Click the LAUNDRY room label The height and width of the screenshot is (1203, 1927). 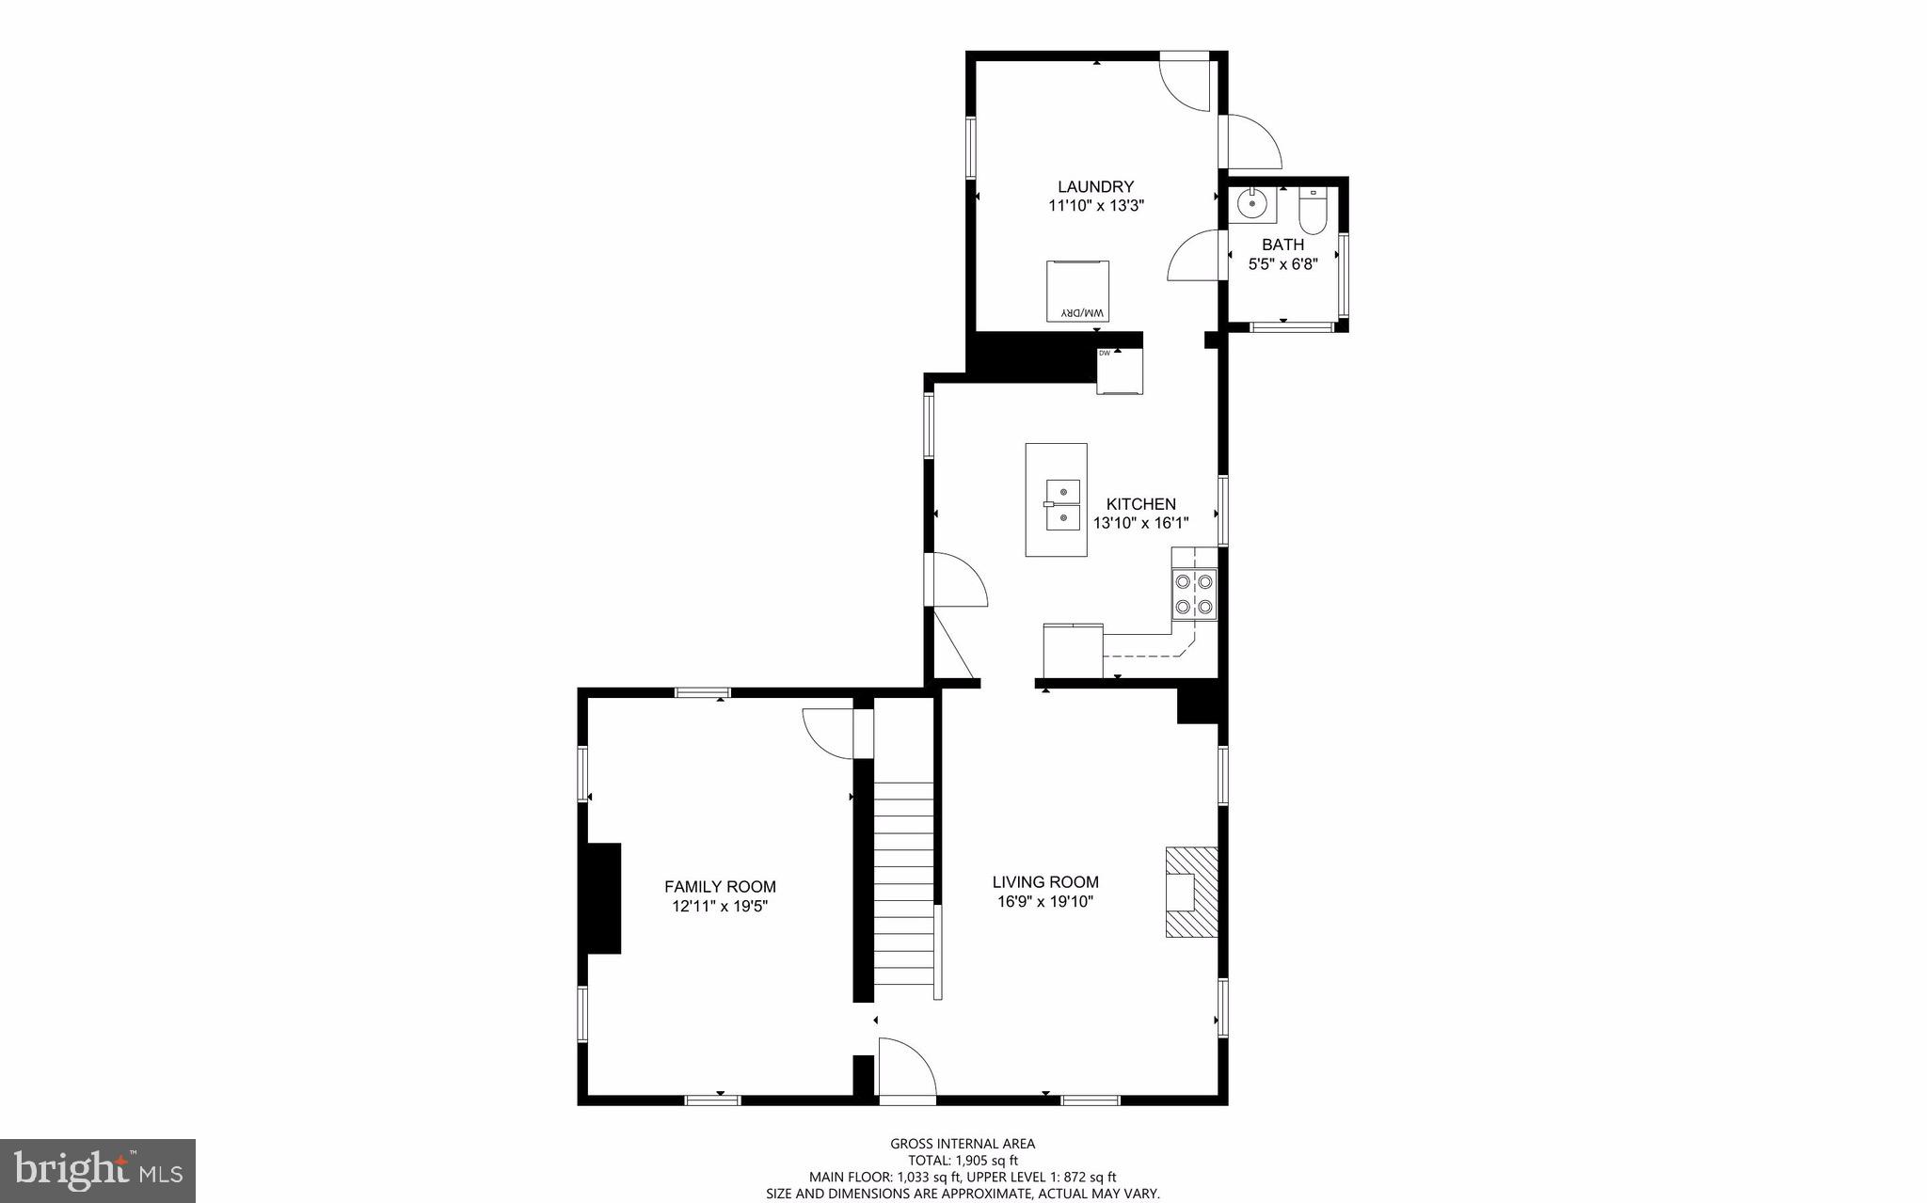[x=1095, y=186]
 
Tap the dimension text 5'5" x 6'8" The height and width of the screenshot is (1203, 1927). [x=1282, y=264]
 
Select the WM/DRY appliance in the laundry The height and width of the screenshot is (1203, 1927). [x=1077, y=291]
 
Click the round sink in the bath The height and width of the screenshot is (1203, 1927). [x=1251, y=203]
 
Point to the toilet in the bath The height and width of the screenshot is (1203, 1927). [x=1312, y=212]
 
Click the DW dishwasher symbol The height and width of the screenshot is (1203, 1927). [x=1120, y=370]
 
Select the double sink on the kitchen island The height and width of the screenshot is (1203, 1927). [x=1062, y=504]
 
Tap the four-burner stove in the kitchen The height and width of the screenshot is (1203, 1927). [x=1193, y=594]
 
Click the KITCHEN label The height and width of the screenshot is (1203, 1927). [x=1140, y=504]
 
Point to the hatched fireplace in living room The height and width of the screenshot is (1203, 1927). [x=1191, y=891]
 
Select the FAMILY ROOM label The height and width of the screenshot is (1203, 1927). [x=720, y=886]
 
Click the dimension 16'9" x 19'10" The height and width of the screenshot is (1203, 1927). [x=1045, y=902]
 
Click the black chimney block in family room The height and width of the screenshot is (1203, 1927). [x=603, y=898]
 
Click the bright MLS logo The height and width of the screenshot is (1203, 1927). [x=98, y=1170]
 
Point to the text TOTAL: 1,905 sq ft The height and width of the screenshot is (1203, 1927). [x=963, y=1161]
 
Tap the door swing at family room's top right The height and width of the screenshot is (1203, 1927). [x=828, y=731]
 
